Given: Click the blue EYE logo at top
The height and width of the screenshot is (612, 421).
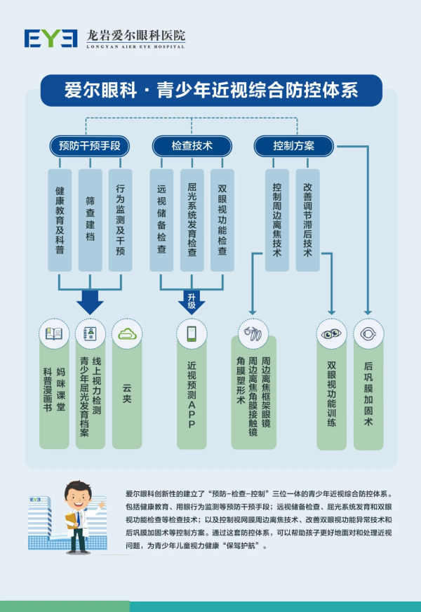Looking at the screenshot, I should pyautogui.click(x=51, y=38).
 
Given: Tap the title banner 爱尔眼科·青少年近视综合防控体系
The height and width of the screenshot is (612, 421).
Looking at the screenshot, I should pyautogui.click(x=210, y=91).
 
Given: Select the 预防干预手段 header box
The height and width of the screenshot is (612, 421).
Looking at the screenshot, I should pyautogui.click(x=90, y=146).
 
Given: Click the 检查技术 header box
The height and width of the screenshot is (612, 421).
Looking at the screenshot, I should pyautogui.click(x=192, y=146).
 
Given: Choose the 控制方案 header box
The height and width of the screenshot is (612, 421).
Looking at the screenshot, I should pyautogui.click(x=293, y=146).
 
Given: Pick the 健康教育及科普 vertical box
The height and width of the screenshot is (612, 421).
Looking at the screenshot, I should pyautogui.click(x=60, y=220).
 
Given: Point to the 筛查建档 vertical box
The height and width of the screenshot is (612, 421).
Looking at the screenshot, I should pyautogui.click(x=90, y=220).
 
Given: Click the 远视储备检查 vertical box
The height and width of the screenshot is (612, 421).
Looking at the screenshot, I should pyautogui.click(x=162, y=220).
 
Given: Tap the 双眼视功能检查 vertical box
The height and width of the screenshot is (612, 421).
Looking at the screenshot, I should pyautogui.click(x=222, y=220).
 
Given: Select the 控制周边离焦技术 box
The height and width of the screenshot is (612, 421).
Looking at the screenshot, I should pyautogui.click(x=277, y=220).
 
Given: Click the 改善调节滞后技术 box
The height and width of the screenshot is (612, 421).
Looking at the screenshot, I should pyautogui.click(x=307, y=220).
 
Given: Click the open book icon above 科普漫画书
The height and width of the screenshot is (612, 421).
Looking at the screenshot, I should pyautogui.click(x=54, y=333).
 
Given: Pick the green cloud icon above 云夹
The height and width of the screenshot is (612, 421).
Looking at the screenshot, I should pyautogui.click(x=127, y=333).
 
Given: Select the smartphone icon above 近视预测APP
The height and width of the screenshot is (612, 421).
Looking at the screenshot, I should pyautogui.click(x=192, y=333).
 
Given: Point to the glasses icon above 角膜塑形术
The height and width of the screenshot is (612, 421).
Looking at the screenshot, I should pyautogui.click(x=253, y=333).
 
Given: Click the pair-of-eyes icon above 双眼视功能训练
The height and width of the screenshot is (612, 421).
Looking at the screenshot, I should pyautogui.click(x=331, y=334).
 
